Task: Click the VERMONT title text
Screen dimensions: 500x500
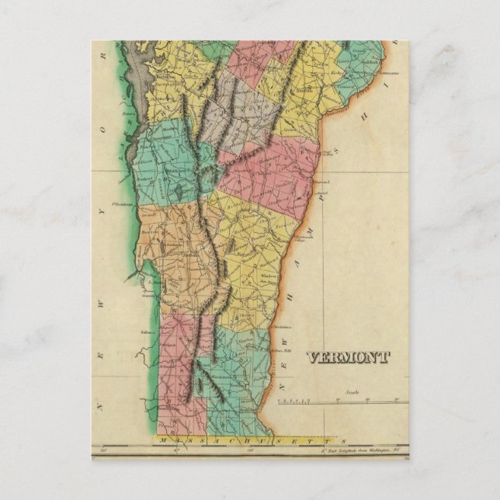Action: tap(348, 358)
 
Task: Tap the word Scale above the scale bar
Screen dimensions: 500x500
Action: tap(353, 393)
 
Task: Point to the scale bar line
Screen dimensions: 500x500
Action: tap(342, 401)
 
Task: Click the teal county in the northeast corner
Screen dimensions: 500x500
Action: tap(365, 62)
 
